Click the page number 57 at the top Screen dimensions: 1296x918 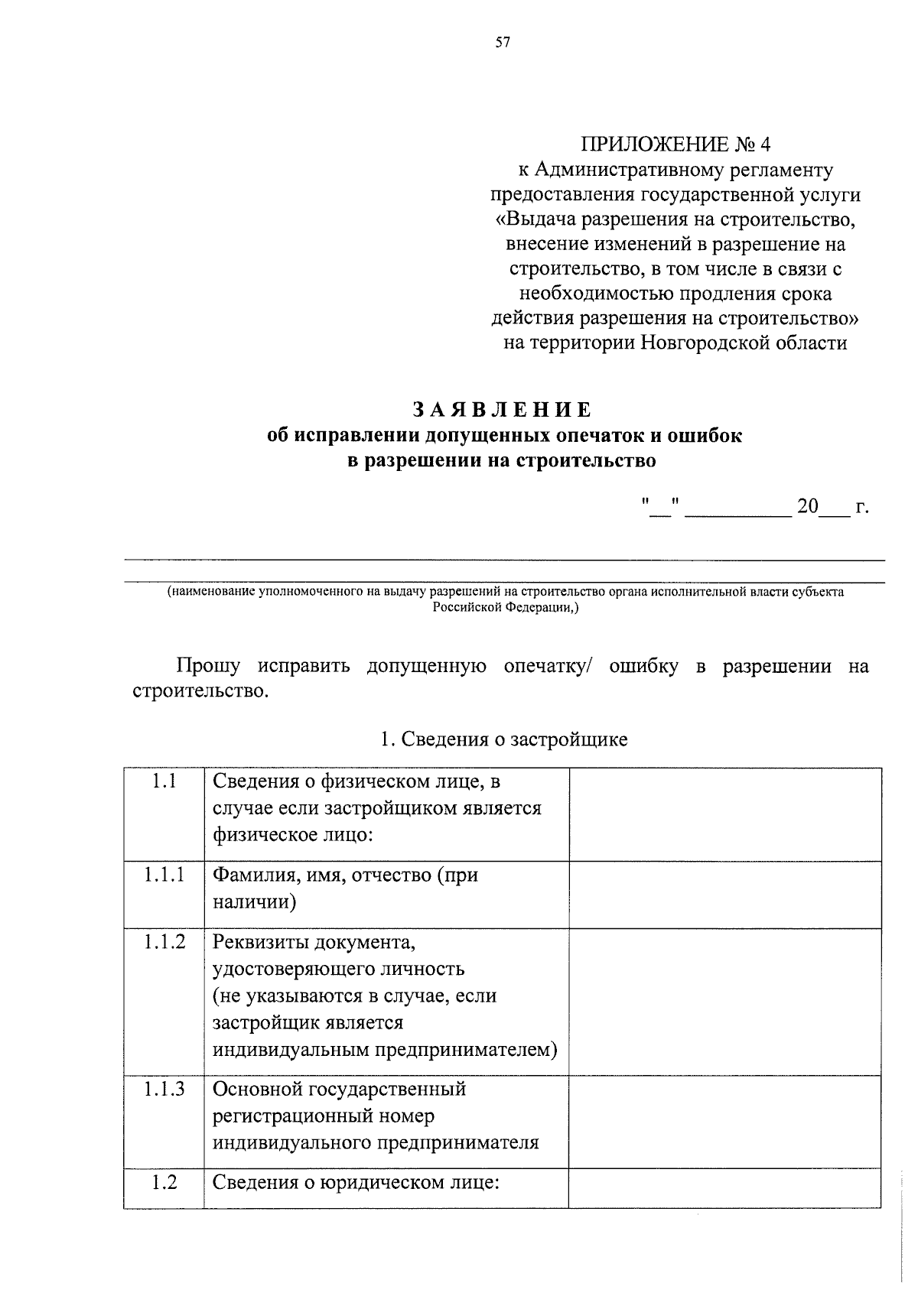coord(502,43)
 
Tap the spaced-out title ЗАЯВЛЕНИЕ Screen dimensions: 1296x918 coord(502,410)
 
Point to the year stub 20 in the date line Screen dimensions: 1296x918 coord(807,506)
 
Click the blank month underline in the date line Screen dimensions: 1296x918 coord(737,509)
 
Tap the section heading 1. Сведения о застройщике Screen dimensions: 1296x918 coord(503,739)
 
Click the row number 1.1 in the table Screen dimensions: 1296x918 coord(164,781)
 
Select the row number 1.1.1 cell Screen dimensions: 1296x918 coord(164,875)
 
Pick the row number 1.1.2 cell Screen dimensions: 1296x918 coord(164,942)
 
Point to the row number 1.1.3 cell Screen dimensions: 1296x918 coord(164,1089)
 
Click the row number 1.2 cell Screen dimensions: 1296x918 coord(164,1182)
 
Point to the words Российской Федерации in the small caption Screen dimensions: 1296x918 coord(504,608)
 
